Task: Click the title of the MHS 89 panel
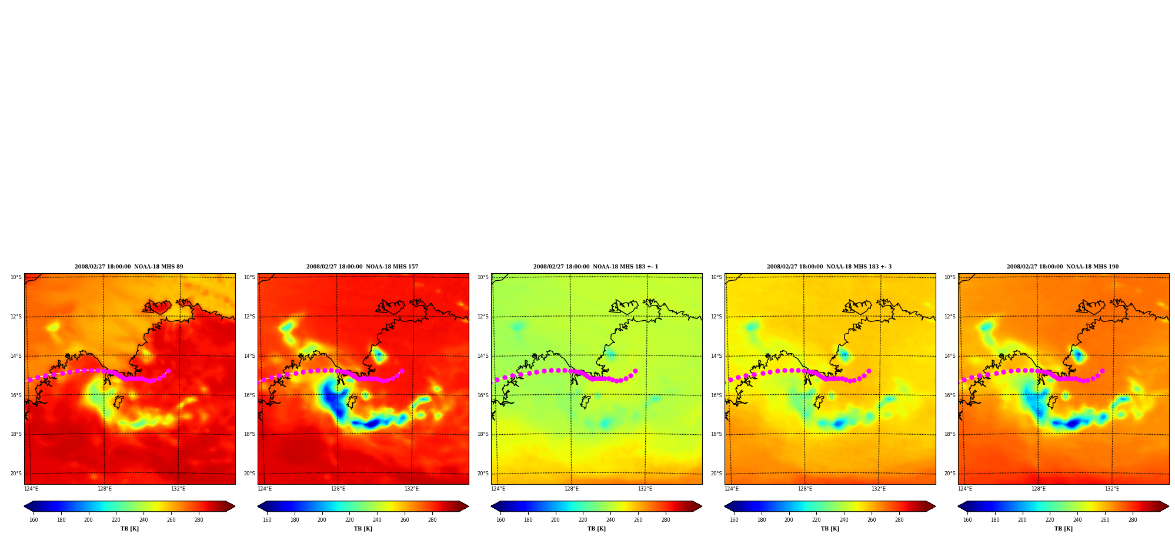pyautogui.click(x=129, y=267)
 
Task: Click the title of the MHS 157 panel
pyautogui.click(x=362, y=267)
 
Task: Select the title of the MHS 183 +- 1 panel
pyautogui.click(x=596, y=267)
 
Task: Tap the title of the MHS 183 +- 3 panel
pyautogui.click(x=829, y=267)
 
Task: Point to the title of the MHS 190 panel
pyautogui.click(x=1063, y=267)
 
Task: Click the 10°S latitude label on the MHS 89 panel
pyautogui.click(x=16, y=277)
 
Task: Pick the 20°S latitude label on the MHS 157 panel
pyautogui.click(x=249, y=474)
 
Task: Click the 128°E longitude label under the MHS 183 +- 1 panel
pyautogui.click(x=571, y=489)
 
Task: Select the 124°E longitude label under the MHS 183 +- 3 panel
pyautogui.click(x=731, y=489)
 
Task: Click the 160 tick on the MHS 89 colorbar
pyautogui.click(x=34, y=519)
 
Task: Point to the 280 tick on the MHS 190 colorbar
pyautogui.click(x=1133, y=519)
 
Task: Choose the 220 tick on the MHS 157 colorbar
pyautogui.click(x=349, y=519)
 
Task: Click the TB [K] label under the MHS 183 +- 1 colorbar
pyautogui.click(x=596, y=529)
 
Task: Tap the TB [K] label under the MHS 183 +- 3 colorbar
pyautogui.click(x=830, y=529)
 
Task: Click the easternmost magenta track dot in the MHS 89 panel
pyautogui.click(x=168, y=371)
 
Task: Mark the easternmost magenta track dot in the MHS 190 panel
pyautogui.click(x=1102, y=371)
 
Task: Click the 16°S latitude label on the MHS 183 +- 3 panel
pyautogui.click(x=716, y=395)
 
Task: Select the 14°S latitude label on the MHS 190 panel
pyautogui.click(x=950, y=356)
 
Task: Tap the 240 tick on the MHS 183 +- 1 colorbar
pyautogui.click(x=610, y=519)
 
